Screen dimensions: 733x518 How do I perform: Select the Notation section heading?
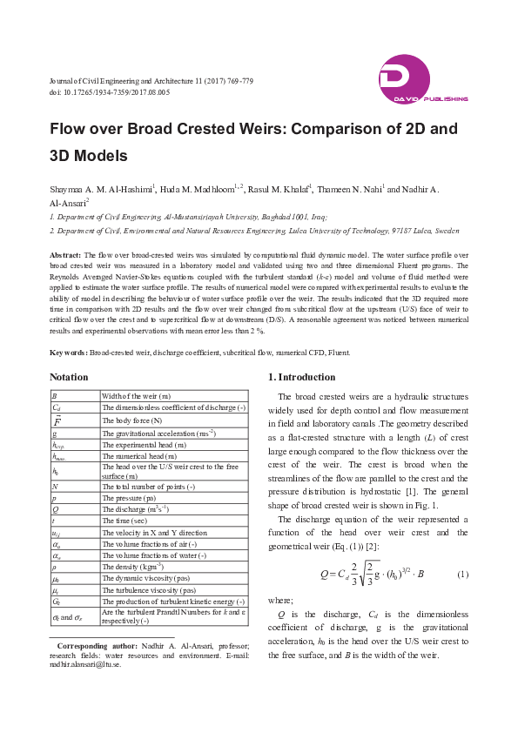click(69, 378)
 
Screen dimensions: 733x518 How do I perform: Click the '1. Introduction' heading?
click(300, 378)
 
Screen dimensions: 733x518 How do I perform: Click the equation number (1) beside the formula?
click(463, 575)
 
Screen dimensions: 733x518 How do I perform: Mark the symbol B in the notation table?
click(55, 396)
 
